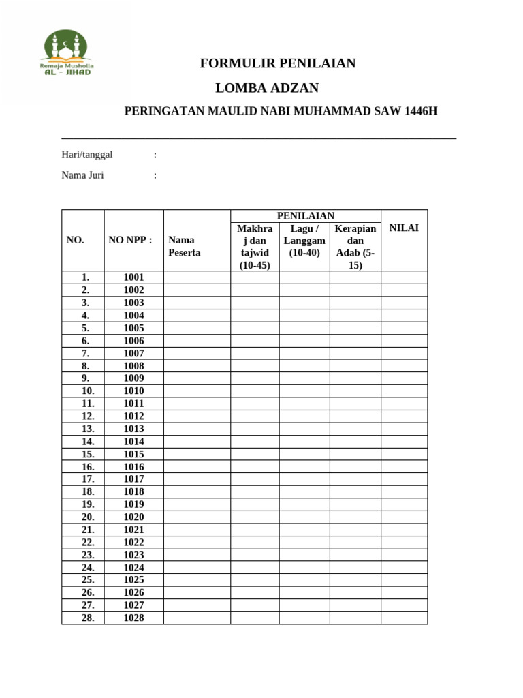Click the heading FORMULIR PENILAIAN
278,63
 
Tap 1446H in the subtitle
421,112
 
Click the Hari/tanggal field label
87,155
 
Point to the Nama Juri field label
82,175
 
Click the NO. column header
75,240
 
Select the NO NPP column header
130,240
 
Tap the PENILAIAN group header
305,216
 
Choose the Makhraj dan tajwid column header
255,246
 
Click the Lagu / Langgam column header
304,241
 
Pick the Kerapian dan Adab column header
355,246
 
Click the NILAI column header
404,228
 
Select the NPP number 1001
133,277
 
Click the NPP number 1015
133,454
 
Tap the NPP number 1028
133,618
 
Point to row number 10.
88,391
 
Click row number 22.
88,543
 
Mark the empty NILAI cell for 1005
404,328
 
